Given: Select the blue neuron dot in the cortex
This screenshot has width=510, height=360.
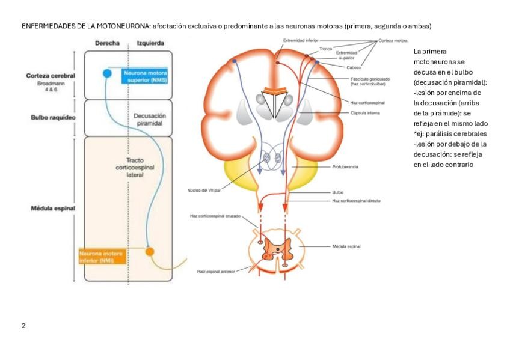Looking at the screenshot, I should click(108, 73).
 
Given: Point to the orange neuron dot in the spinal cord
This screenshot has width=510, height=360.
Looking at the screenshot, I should click(150, 251).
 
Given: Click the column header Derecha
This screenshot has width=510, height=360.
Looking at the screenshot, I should click(107, 44).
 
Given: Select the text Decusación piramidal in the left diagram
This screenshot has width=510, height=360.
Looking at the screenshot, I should click(150, 119).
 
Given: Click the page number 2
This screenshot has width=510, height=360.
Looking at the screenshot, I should click(23, 326).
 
